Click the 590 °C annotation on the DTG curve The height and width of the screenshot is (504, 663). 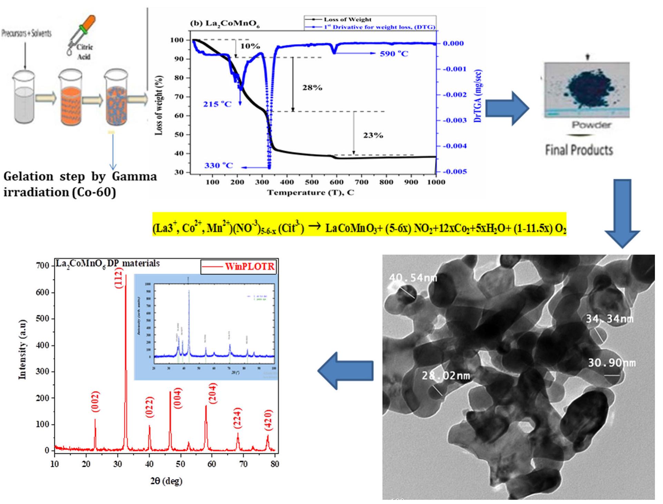[394, 54]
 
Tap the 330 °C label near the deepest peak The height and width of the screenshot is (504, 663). [218, 166]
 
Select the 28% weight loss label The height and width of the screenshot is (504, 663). [312, 88]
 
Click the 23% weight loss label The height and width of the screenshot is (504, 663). [373, 135]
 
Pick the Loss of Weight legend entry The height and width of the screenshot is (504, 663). [347, 20]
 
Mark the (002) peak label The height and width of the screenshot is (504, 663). [96, 401]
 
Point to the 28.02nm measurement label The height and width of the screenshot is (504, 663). [445, 375]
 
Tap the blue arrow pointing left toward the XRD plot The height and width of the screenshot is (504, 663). [345, 371]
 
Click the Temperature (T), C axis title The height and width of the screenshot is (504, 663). [310, 192]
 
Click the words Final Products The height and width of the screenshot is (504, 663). [579, 150]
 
